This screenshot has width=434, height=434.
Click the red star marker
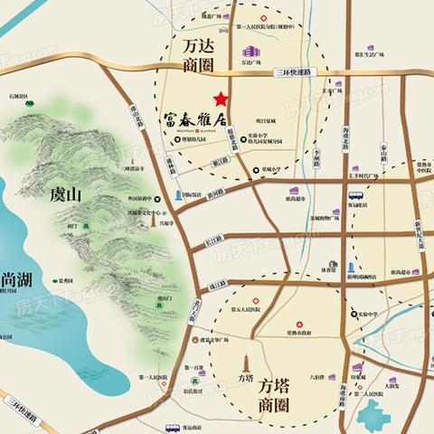tap(219, 99)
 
